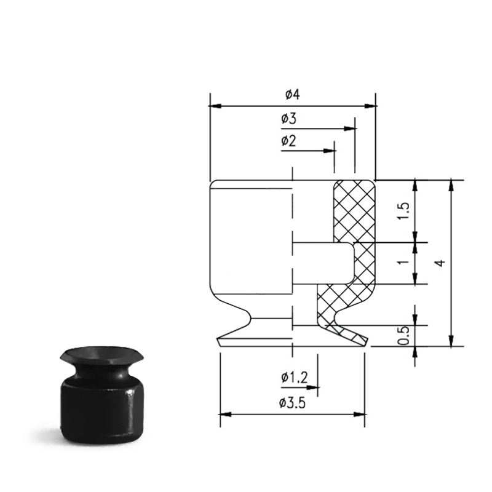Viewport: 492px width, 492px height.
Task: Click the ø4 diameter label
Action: coord(293,94)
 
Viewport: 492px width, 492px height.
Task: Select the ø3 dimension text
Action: coord(288,119)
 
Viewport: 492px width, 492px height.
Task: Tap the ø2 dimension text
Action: coord(288,141)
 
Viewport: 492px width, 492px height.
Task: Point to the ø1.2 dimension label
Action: coord(295,378)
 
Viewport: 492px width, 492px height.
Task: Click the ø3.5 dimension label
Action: coord(292,403)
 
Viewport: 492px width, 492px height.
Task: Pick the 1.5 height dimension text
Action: coord(404,211)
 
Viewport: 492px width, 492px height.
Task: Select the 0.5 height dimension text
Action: coord(403,335)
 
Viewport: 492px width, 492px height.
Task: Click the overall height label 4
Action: coord(441,263)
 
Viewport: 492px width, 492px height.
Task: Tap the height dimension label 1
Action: coord(403,261)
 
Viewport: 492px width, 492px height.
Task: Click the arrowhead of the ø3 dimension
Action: coord(350,129)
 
